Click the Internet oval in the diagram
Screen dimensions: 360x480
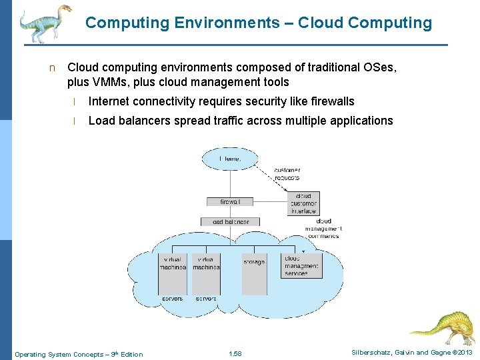coord(230,159)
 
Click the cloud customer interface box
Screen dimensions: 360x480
coord(303,203)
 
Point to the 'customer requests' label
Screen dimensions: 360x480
coord(287,174)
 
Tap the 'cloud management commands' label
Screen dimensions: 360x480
coord(323,229)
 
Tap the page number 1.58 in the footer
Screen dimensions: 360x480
coord(235,354)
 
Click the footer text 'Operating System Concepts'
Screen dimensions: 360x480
coord(58,354)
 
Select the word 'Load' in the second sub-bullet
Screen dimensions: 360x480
coord(101,121)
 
